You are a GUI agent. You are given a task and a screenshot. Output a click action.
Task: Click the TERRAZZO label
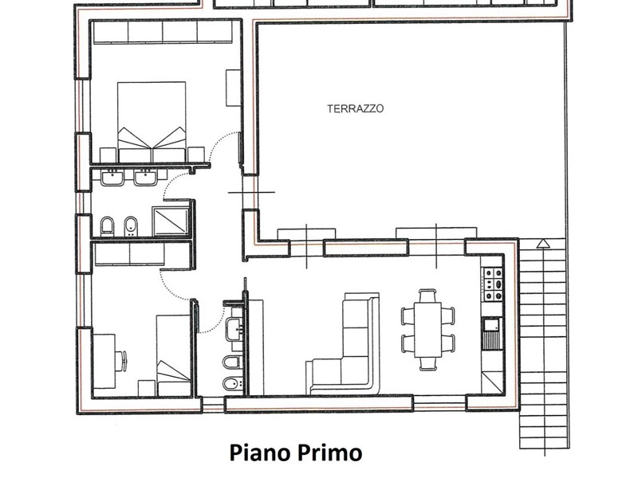pos(355,108)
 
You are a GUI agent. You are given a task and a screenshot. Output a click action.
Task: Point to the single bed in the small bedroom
pos(174,355)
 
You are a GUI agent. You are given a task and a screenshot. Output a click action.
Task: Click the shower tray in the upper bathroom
pos(171,221)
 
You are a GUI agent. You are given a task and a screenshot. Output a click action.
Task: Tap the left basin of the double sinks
pos(112,178)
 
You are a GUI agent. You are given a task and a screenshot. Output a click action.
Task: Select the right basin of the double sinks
pos(146,178)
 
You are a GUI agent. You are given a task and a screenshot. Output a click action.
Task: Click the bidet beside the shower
pos(130,226)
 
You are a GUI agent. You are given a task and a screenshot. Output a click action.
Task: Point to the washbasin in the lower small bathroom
pos(234,328)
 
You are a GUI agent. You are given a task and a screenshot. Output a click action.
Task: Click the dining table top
pos(427,329)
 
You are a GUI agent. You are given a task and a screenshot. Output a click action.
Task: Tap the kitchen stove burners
pos(493,284)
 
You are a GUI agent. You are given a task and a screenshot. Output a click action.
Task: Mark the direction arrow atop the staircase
pos(542,244)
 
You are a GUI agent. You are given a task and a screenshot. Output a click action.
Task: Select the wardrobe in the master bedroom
pos(163,32)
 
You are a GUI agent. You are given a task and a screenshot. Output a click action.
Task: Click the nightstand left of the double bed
pos(108,155)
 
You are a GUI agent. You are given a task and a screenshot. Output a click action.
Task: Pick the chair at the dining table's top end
pos(427,295)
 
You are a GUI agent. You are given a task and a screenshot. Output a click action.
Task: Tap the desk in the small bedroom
pos(104,361)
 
